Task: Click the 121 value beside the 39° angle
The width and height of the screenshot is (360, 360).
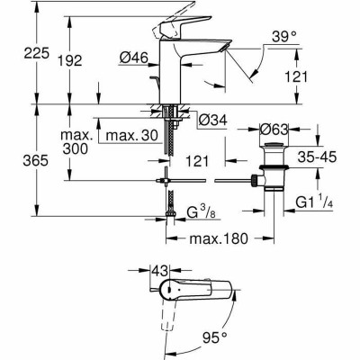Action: point(309,78)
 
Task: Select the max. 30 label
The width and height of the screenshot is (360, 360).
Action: point(128,136)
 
